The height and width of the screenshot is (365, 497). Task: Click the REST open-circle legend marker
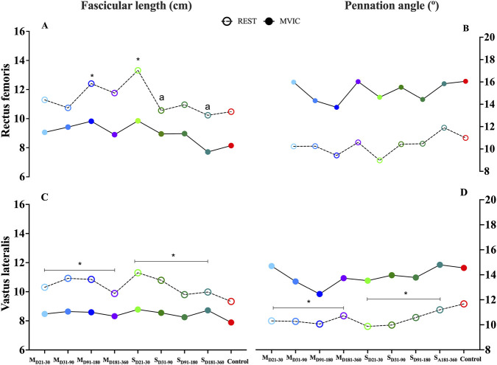[227, 21]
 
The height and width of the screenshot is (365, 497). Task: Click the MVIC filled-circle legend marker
[269, 21]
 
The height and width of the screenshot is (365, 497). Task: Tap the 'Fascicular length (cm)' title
[136, 6]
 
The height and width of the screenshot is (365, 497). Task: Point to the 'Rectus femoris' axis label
[6, 100]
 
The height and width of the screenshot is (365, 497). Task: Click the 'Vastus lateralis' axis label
[6, 274]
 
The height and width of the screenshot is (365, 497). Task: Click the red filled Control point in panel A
[231, 146]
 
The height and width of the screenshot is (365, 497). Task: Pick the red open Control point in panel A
[231, 112]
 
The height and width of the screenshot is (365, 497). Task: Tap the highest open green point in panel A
[138, 71]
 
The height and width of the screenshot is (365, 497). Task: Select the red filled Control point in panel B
[465, 81]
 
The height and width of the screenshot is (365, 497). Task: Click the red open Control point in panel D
[464, 304]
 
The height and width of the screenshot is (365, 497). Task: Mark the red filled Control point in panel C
[231, 322]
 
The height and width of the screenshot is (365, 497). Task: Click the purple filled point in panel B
[358, 82]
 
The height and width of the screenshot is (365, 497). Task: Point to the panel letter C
[45, 198]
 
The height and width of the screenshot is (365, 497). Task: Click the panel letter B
[465, 29]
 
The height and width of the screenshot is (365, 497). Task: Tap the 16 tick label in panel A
[20, 32]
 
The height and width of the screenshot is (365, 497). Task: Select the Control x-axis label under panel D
[470, 359]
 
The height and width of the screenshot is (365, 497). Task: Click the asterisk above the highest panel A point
[138, 60]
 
